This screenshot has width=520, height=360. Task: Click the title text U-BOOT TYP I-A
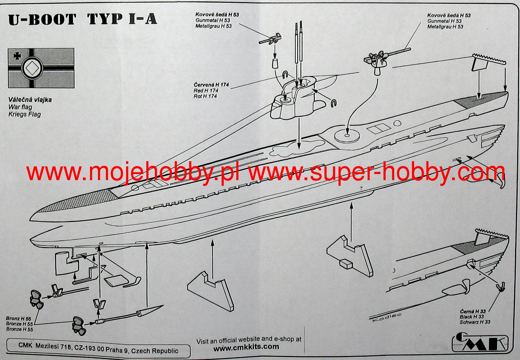[83, 19]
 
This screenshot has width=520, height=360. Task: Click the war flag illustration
[41, 68]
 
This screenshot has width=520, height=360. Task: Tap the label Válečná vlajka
[30, 100]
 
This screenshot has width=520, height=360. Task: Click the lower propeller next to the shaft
[79, 325]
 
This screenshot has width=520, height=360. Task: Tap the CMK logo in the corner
[480, 342]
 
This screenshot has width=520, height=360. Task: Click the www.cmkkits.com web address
[246, 347]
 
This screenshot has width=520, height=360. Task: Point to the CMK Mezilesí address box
[98, 348]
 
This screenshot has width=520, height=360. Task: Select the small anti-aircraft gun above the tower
[271, 39]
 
